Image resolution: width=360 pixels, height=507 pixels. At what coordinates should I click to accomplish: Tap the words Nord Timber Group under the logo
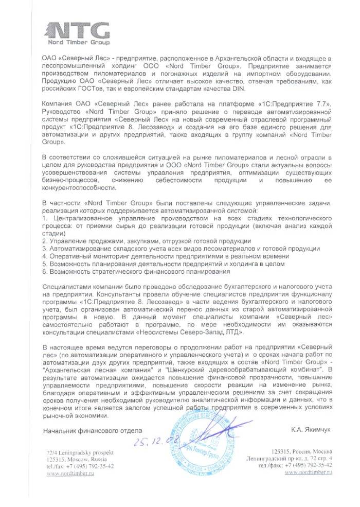(x=78, y=42)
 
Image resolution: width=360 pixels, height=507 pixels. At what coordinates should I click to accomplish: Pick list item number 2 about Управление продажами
(x=146, y=241)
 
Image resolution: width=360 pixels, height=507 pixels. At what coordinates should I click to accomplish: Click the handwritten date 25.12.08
(x=146, y=441)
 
